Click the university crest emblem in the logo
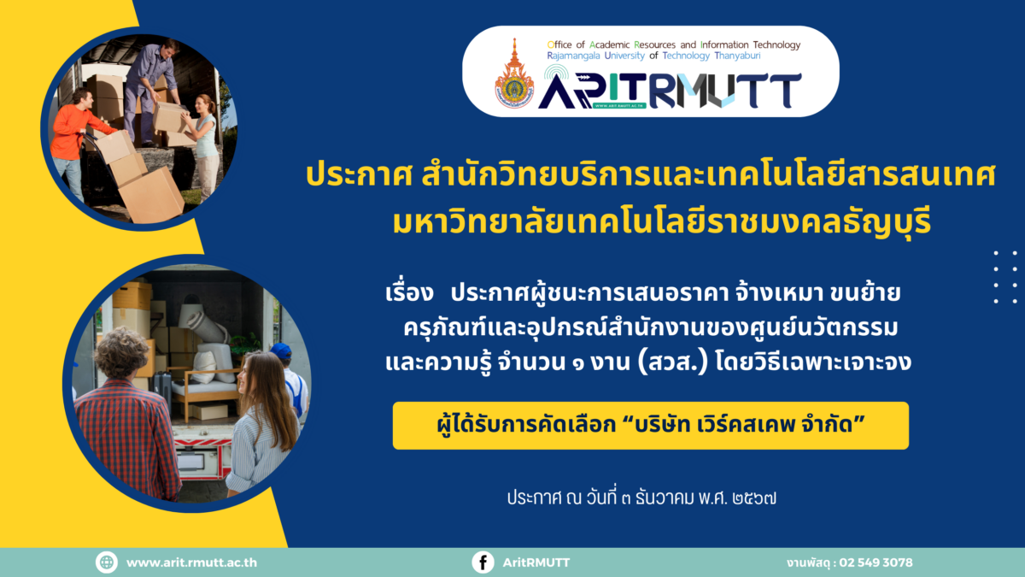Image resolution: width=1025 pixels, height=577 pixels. [x=514, y=74]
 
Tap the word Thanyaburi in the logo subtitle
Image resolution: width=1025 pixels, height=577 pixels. [x=738, y=56]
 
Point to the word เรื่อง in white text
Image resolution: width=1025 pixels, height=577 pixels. [x=409, y=293]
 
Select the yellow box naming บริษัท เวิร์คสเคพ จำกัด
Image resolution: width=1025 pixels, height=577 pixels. [x=651, y=426]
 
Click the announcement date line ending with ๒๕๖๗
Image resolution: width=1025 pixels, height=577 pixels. [x=641, y=498]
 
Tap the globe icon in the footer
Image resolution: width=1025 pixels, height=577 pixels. [x=107, y=562]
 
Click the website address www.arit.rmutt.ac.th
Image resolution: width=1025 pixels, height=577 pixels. [x=191, y=562]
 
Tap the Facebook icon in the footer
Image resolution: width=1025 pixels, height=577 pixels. [x=483, y=562]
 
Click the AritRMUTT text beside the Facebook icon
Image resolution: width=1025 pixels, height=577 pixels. [x=536, y=562]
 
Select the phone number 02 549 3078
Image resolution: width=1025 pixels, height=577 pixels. [x=876, y=562]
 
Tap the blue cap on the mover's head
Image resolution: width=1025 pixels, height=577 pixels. [x=280, y=350]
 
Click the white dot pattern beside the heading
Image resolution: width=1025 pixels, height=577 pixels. [x=1004, y=277]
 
